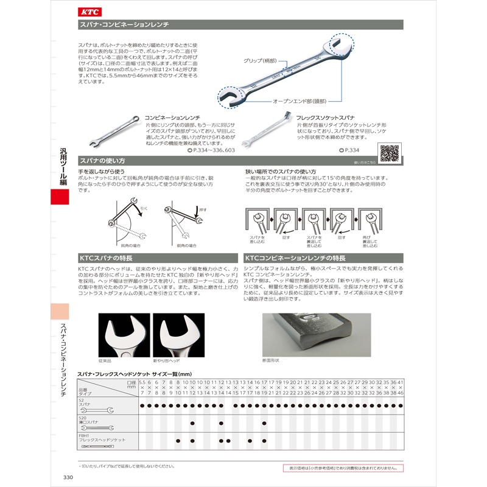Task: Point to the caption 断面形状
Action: pyautogui.click(x=270, y=360)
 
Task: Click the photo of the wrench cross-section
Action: pyautogui.click(x=316, y=334)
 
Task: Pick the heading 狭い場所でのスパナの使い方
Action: pyautogui.click(x=281, y=172)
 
